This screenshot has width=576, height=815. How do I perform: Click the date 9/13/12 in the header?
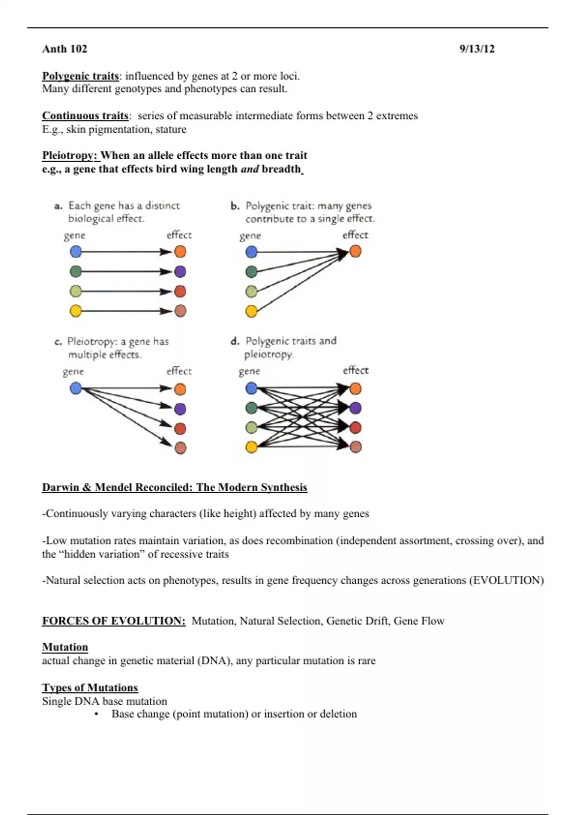tap(477, 49)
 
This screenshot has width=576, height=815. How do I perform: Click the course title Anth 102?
tap(65, 49)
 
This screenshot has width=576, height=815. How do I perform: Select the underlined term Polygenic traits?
tap(80, 76)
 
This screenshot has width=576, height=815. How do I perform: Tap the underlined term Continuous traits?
tap(85, 116)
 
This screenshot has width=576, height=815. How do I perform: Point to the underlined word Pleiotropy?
tap(70, 155)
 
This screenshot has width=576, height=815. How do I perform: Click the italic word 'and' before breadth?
tap(250, 169)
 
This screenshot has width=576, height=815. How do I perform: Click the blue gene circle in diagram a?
tap(76, 252)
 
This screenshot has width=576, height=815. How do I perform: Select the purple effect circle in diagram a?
tap(180, 272)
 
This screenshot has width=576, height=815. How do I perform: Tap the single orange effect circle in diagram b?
tap(355, 251)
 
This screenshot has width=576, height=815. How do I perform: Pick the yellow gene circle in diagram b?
tap(252, 311)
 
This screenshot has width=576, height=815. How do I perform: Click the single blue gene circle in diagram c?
tap(76, 388)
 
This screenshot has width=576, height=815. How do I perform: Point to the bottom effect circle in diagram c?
tap(180, 448)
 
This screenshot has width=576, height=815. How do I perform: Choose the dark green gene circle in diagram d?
tap(252, 408)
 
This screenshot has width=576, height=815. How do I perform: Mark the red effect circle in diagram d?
tap(355, 427)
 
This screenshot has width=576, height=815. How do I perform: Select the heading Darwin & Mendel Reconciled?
tap(174, 488)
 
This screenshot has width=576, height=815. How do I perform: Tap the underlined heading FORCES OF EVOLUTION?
tap(114, 621)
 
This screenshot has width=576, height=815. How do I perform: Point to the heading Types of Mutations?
tap(90, 687)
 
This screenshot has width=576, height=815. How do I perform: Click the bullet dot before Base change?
tap(96, 714)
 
